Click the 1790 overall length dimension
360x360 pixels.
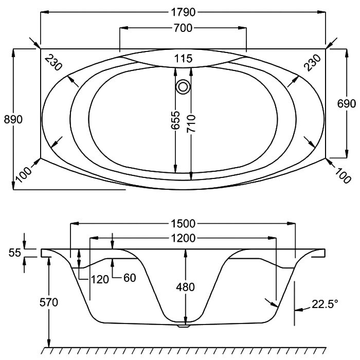click(183, 12)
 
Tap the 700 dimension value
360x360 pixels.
click(183, 28)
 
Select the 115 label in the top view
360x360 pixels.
click(183, 59)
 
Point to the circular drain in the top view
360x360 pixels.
click(183, 87)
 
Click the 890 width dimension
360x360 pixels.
click(13, 119)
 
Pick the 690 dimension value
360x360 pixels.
click(347, 104)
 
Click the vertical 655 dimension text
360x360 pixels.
click(176, 120)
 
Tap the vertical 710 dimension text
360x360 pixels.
click(191, 124)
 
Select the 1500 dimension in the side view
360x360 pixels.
click(183, 224)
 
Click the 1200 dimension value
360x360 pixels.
click(183, 238)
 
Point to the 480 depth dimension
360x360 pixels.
click(186, 287)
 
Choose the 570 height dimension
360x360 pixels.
click(49, 302)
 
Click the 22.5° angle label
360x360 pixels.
click(325, 304)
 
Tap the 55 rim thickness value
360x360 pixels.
click(15, 253)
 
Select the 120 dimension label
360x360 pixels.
click(100, 279)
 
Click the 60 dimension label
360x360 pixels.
click(130, 278)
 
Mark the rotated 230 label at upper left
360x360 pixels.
click(53, 63)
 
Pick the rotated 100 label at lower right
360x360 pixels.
click(343, 176)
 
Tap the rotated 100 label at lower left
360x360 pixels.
click(24, 174)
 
